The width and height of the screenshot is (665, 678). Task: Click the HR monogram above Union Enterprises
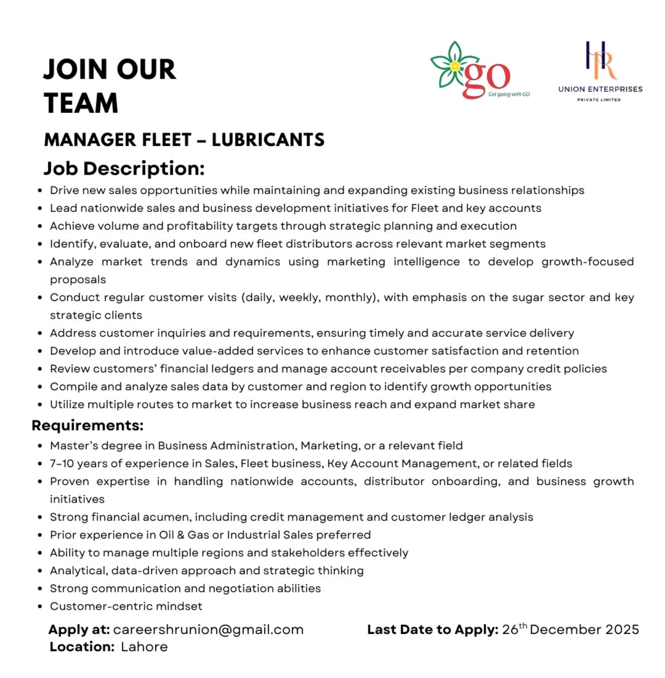point(600,60)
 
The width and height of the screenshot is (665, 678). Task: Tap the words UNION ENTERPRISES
point(600,89)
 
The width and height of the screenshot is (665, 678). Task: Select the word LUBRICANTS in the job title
point(268,140)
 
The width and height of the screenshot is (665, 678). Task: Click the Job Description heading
point(124,168)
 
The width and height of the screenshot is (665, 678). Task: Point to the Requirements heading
point(88,425)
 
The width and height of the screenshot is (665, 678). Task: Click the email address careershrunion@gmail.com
point(208,630)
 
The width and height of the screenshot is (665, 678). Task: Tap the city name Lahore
point(144,647)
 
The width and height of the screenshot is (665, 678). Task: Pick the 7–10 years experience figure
point(63,463)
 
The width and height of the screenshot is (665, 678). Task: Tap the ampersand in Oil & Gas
point(181,535)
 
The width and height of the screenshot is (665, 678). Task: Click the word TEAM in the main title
point(81,103)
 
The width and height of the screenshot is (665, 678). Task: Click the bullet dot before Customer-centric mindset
point(40,606)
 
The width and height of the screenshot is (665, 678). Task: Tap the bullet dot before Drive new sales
point(40,191)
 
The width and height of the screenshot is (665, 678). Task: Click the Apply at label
point(79,630)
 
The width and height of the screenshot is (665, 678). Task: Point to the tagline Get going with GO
point(509,94)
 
